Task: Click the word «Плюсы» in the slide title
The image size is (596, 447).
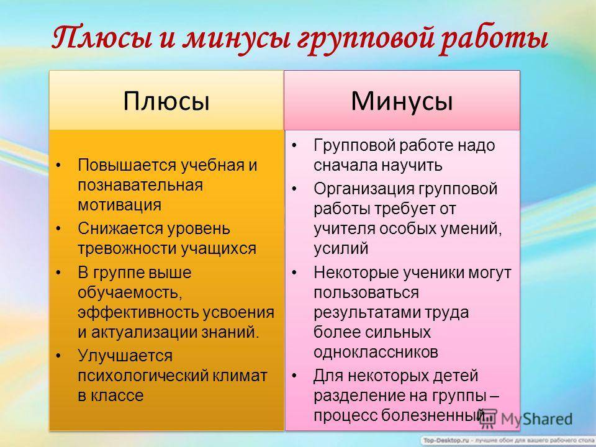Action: [102, 38]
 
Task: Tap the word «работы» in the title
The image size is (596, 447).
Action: [494, 38]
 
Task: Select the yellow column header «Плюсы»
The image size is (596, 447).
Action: [166, 101]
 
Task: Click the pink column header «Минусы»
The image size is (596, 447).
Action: [402, 101]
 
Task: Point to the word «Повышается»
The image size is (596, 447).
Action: [127, 165]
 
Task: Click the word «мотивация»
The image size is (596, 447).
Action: [119, 205]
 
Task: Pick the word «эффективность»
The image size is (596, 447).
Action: [138, 312]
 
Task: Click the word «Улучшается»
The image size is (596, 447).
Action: [125, 356]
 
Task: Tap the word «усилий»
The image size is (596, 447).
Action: [341, 248]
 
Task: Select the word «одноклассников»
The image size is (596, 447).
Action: [376, 353]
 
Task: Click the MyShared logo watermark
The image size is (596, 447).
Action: [526, 419]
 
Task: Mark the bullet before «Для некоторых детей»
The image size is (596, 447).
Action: [294, 376]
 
